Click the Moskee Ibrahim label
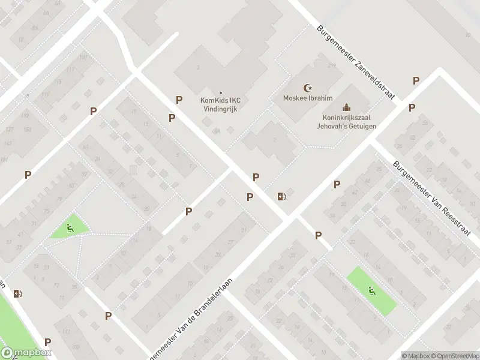click(x=308, y=98)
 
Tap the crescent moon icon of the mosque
click(x=309, y=88)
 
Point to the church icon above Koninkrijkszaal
click(x=346, y=107)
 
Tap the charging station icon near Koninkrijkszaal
click(x=281, y=196)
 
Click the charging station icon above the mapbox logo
click(x=18, y=293)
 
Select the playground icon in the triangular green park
click(x=70, y=227)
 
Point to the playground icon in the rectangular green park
click(x=371, y=292)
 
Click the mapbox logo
click(x=25, y=353)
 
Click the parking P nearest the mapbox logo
click(x=47, y=342)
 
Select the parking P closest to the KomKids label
click(x=178, y=100)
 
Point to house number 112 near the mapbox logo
click(x=67, y=332)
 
